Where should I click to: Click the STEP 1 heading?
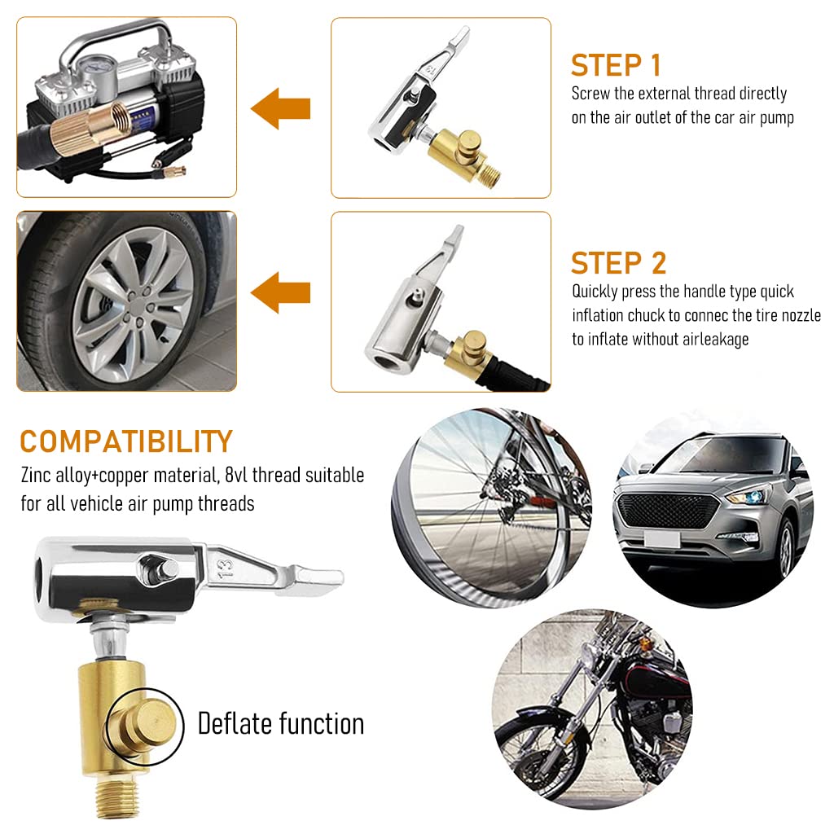[x=616, y=65]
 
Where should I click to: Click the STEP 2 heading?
[x=618, y=263]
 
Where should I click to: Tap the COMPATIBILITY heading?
[x=126, y=441]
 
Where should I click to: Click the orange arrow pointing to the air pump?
[x=281, y=108]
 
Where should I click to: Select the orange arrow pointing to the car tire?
[x=281, y=292]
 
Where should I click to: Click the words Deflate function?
[x=280, y=723]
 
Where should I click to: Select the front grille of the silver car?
[x=669, y=511]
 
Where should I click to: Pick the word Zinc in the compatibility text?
[x=37, y=475]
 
